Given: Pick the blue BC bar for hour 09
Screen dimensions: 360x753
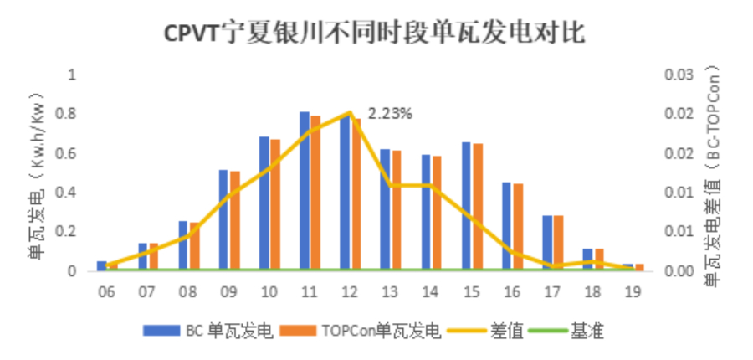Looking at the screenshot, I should [x=223, y=220].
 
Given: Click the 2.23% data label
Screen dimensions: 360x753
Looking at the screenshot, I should [x=390, y=113].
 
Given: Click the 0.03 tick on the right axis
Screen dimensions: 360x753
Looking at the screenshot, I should [x=679, y=75].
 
